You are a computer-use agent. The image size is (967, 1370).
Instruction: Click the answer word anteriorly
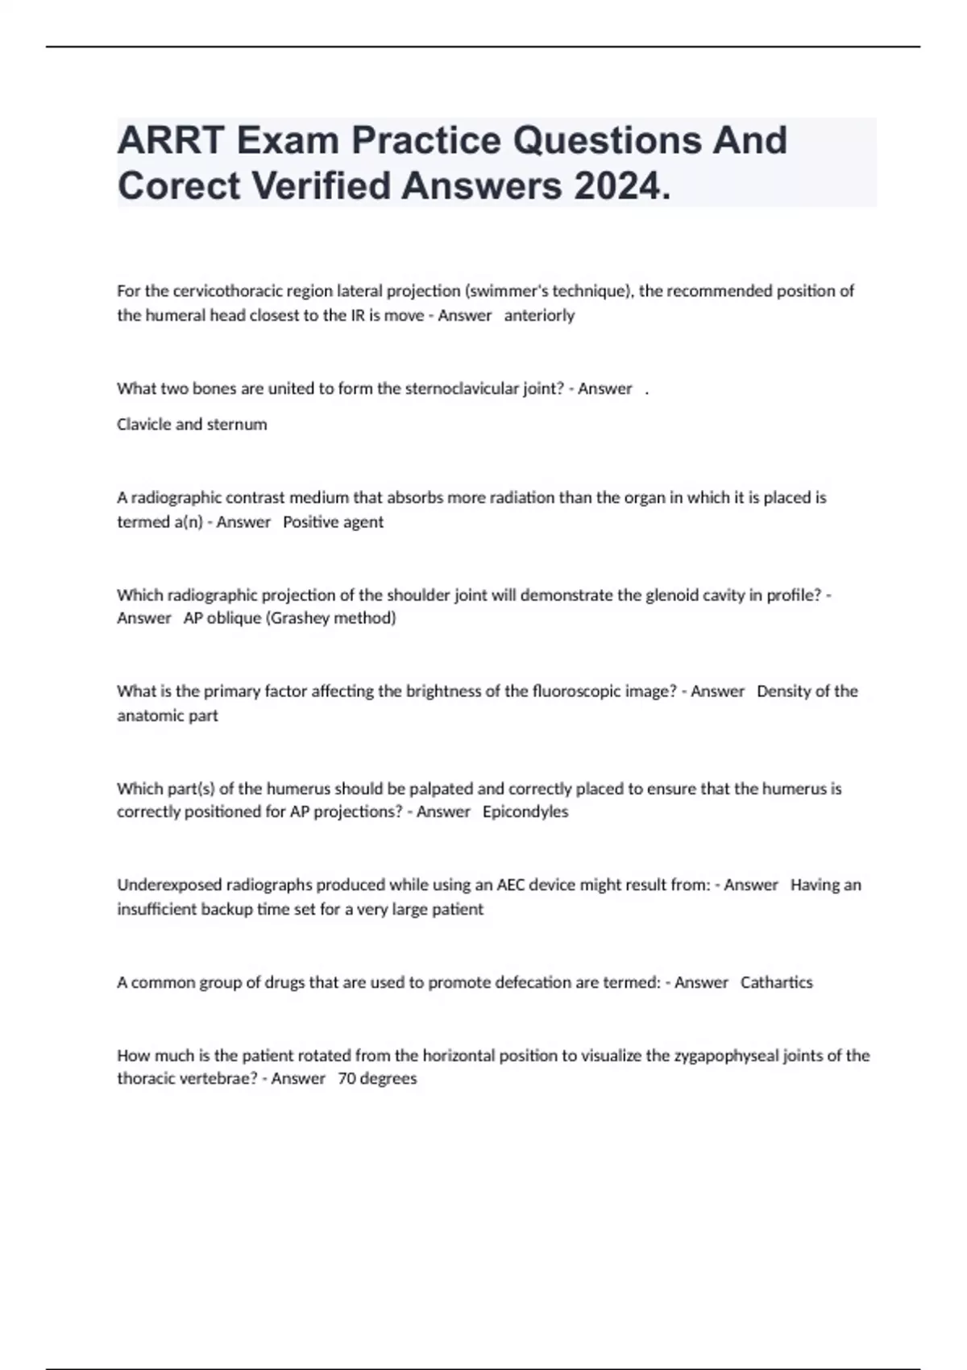tap(539, 315)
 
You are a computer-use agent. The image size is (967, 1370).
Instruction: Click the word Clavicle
tap(143, 424)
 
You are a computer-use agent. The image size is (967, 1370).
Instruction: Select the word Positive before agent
tap(310, 521)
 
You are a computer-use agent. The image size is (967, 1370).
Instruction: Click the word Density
tap(784, 691)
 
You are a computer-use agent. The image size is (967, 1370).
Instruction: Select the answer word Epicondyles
tap(525, 812)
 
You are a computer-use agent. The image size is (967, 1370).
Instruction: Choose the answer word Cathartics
tap(776, 982)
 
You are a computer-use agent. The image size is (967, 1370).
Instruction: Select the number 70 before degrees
tap(347, 1078)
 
